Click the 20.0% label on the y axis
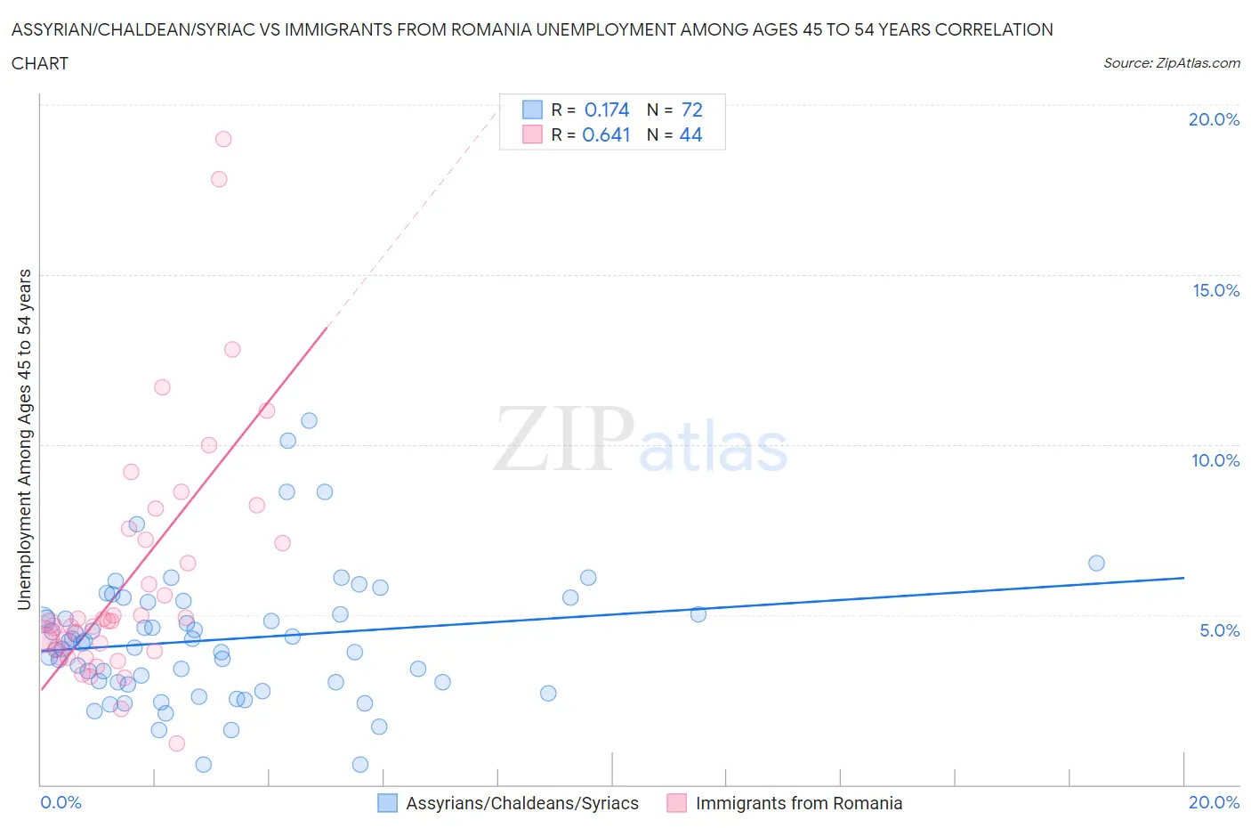coord(1214,119)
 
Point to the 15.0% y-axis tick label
coord(1215,290)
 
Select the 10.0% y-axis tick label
coord(1215,460)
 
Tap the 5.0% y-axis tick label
coord(1219,630)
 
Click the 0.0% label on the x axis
coord(61,802)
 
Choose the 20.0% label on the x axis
coord(1214,802)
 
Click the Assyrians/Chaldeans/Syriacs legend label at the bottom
coord(522,803)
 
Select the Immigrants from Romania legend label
coord(798,803)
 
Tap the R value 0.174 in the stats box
coord(607,110)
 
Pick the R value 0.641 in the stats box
coord(606,134)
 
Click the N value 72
coord(691,110)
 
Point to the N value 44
coord(690,134)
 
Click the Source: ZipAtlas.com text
coord(1171,63)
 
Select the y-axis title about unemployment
coord(24,440)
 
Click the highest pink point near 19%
coord(223,139)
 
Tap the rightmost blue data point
coord(1096,563)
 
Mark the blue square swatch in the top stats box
coord(532,110)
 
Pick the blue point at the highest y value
coord(309,420)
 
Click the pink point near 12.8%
coord(232,349)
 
